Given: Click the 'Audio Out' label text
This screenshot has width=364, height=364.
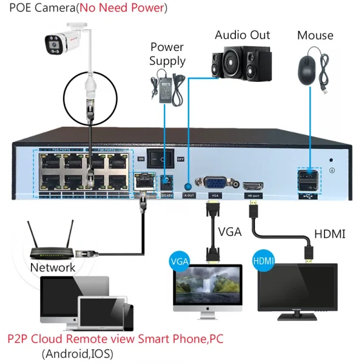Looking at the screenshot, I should pos(242,35).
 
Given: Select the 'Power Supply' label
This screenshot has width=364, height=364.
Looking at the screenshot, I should pos(167,54).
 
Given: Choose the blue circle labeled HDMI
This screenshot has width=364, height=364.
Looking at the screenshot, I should pos(264,261).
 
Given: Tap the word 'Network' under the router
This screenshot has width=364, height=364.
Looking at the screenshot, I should pos(53,267).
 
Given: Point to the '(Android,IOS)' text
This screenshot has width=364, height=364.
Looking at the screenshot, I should pos(77,353).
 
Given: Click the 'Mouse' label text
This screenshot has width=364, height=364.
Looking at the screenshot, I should pos(315,35).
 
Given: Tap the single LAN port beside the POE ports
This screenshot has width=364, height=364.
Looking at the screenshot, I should pos(143,180).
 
